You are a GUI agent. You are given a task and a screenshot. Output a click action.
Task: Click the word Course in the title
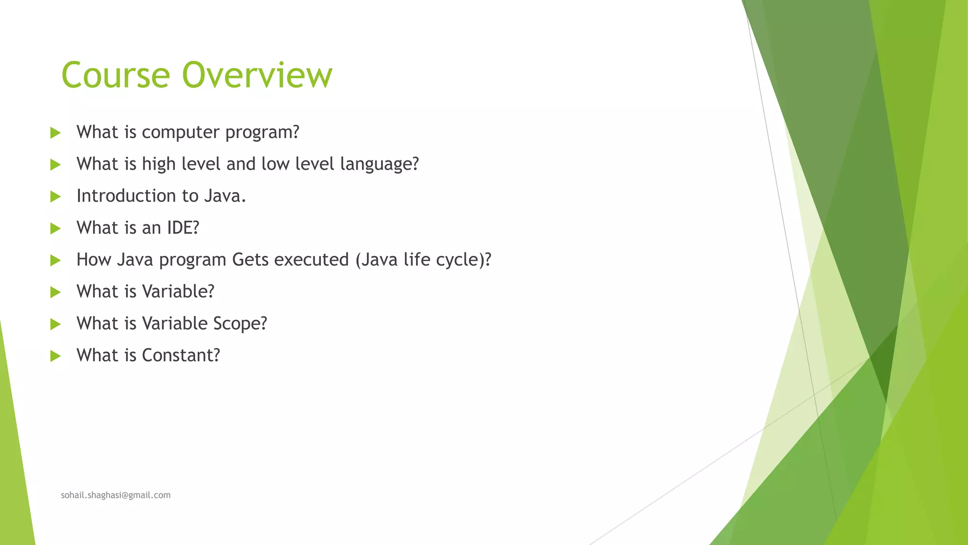click(x=115, y=75)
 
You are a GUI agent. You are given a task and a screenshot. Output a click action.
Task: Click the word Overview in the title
click(x=257, y=75)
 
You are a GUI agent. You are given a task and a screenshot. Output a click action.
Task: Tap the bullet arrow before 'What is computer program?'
click(x=55, y=133)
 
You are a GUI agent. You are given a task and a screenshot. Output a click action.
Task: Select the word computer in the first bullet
click(x=181, y=132)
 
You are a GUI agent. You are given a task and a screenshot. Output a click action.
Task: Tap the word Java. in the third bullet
click(x=225, y=196)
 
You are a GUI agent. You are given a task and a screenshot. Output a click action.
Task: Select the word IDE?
click(x=183, y=228)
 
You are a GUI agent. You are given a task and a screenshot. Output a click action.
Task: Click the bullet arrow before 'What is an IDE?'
click(x=55, y=229)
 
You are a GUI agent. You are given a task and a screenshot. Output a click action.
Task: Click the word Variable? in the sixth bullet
click(x=178, y=291)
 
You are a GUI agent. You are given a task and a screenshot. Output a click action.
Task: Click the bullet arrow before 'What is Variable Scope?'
click(x=55, y=324)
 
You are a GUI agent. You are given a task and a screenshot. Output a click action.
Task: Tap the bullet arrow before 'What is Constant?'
click(x=55, y=356)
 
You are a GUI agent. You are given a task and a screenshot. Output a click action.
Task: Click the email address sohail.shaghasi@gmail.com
click(x=116, y=495)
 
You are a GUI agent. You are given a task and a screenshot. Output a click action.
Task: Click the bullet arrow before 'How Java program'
click(x=55, y=260)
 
